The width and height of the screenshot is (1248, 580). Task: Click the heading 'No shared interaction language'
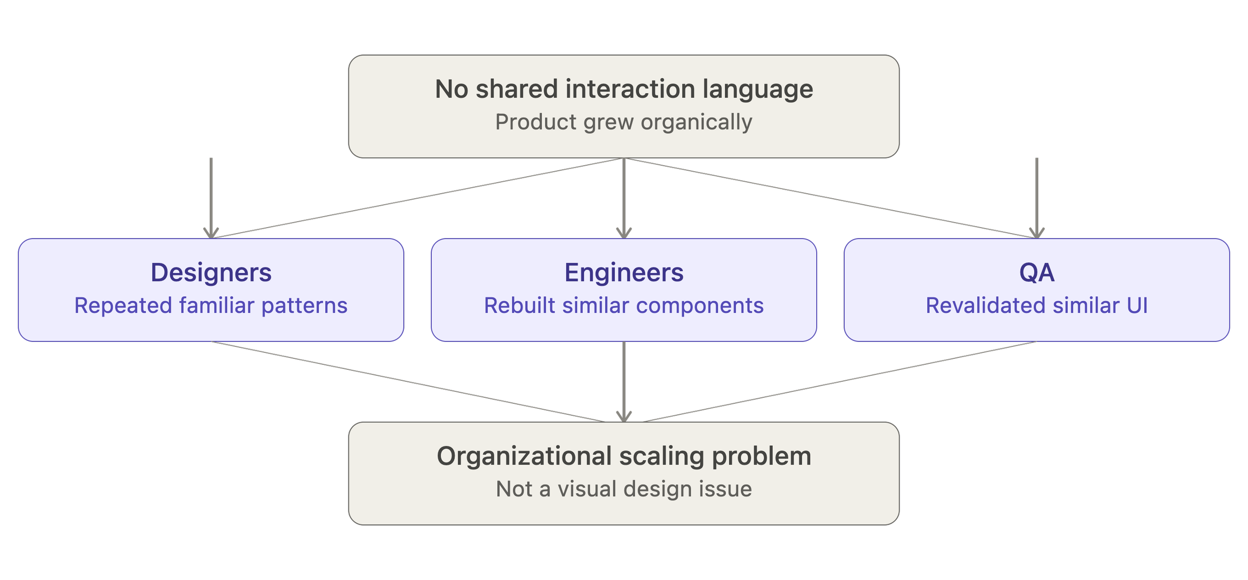point(624,90)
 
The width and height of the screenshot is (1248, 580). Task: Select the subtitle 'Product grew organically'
point(624,122)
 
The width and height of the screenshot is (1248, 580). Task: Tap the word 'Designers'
point(211,273)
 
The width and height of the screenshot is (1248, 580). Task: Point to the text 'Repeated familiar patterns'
point(211,305)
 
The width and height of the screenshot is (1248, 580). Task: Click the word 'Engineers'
point(624,273)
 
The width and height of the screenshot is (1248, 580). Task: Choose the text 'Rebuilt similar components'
point(624,305)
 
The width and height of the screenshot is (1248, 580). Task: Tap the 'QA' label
point(1037,273)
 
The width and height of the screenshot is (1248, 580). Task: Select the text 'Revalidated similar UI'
point(1037,305)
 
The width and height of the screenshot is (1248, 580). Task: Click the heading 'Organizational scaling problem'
point(624,457)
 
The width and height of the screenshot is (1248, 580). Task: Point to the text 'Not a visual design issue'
point(624,489)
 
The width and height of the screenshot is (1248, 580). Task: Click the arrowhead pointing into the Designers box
point(211,233)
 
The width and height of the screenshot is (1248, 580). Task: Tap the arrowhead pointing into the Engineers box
point(624,233)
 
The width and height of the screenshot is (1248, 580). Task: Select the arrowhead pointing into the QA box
point(1037,233)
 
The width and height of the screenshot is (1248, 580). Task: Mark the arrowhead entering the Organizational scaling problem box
point(624,417)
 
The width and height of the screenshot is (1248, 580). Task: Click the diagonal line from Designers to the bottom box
point(408,382)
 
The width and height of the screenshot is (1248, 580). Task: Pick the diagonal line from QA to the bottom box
point(840,382)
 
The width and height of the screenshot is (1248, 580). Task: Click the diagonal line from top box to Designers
point(417,198)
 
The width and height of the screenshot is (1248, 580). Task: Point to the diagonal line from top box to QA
point(831,198)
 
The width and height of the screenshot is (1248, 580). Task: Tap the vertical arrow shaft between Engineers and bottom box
point(624,379)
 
